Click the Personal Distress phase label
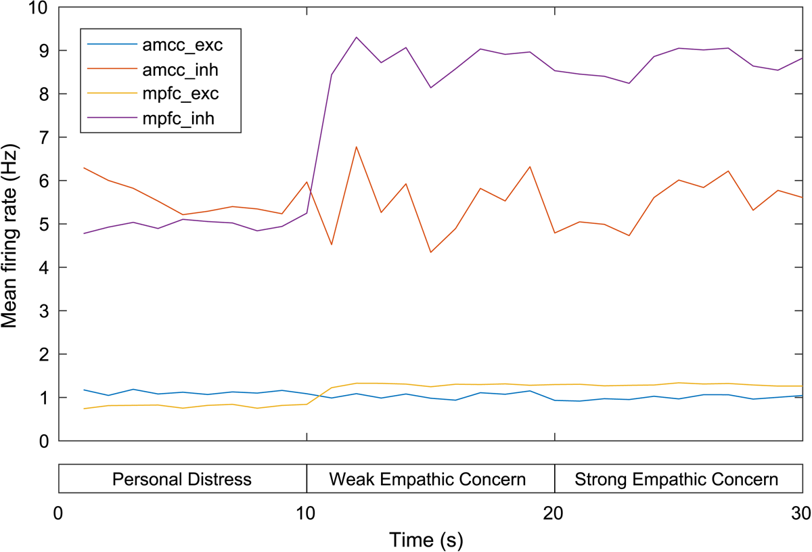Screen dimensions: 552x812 [182, 480]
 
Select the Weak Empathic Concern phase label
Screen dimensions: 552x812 [428, 480]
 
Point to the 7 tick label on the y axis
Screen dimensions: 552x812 [45, 137]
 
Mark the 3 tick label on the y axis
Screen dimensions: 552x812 [45, 311]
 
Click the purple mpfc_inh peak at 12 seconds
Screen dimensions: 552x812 [356, 37]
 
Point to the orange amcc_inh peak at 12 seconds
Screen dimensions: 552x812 [356, 147]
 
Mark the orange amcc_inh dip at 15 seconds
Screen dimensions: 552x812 [430, 252]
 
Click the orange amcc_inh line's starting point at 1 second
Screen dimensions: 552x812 [84, 168]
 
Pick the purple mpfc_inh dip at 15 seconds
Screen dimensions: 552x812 [430, 87]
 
